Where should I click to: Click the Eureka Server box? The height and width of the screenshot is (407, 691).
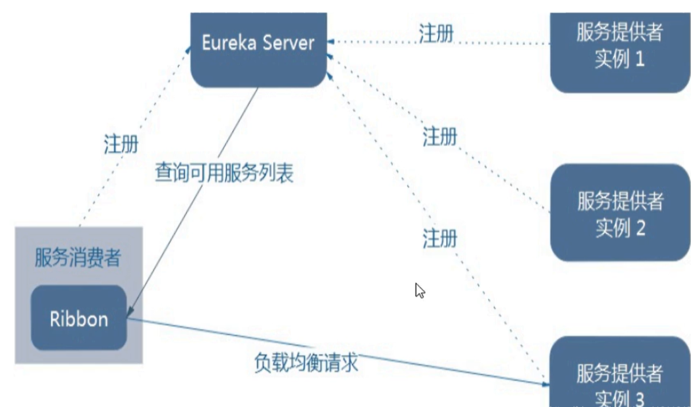click(x=258, y=50)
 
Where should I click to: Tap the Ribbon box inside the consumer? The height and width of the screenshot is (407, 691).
click(x=79, y=318)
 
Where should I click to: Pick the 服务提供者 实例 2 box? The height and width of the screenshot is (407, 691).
click(x=619, y=213)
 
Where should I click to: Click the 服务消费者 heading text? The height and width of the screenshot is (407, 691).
click(x=78, y=259)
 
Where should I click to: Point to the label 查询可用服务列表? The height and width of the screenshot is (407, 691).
click(x=224, y=173)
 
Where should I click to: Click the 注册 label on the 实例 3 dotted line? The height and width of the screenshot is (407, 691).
click(x=440, y=238)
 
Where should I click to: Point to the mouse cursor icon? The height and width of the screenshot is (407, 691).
click(x=420, y=290)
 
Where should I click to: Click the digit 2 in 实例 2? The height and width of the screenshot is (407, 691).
click(x=640, y=229)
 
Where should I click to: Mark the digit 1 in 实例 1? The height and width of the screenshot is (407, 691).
click(x=639, y=59)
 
